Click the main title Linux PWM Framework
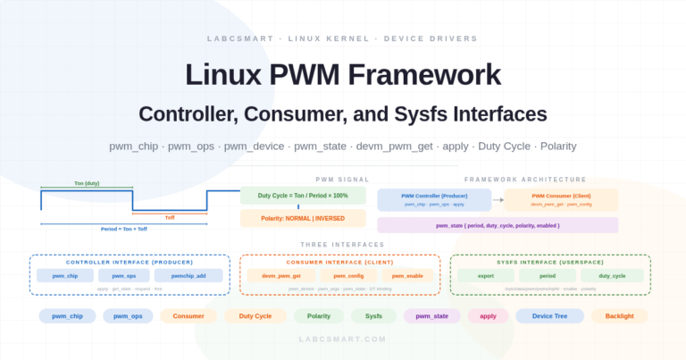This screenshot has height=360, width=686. (342, 74)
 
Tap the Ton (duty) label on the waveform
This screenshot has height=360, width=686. (87, 183)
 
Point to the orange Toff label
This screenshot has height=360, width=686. (170, 217)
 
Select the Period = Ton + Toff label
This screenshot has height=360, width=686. (123, 229)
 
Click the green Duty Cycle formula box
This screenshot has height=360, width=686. (303, 195)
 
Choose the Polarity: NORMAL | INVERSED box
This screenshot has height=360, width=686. (303, 218)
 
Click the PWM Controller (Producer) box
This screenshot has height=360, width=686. (434, 199)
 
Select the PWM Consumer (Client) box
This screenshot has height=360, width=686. (561, 199)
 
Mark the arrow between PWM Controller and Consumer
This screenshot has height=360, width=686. (498, 199)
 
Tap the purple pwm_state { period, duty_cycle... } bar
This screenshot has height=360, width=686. (498, 225)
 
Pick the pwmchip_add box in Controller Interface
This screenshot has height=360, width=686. (188, 276)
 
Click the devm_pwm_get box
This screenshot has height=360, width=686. (281, 276)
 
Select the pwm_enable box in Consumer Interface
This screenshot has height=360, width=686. (408, 276)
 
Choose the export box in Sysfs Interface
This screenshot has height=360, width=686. (486, 276)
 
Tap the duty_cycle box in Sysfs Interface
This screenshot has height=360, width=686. (612, 276)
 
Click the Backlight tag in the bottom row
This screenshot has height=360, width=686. (619, 316)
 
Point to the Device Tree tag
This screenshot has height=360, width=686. (549, 316)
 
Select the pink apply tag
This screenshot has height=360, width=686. (488, 316)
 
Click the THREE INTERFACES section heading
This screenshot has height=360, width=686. (342, 245)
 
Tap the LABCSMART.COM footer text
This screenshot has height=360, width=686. (342, 339)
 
